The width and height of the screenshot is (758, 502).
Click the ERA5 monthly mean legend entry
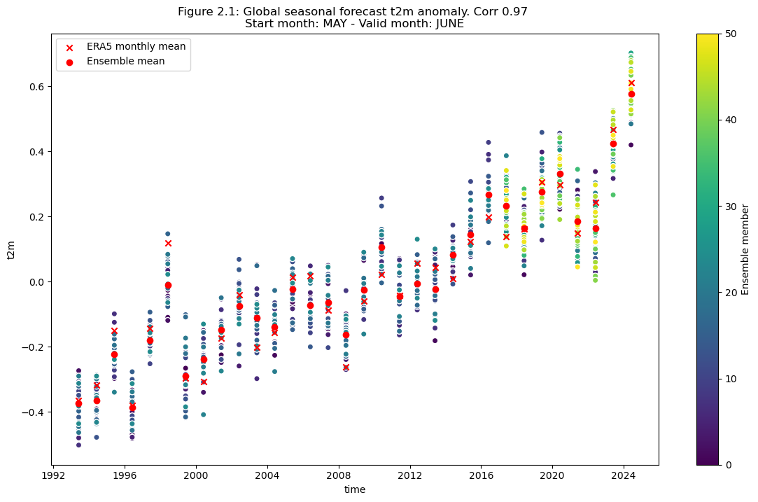pos(136,47)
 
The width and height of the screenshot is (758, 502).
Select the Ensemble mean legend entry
pos(125,62)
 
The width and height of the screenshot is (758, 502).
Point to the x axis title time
pos(355,490)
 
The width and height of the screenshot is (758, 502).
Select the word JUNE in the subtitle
pos(449,24)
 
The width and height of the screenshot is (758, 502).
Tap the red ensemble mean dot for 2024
pos(631,94)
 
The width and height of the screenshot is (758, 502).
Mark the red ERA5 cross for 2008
pos(346,367)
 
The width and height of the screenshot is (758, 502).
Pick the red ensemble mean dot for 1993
pos(78,404)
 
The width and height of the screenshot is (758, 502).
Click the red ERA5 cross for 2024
pos(631,83)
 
